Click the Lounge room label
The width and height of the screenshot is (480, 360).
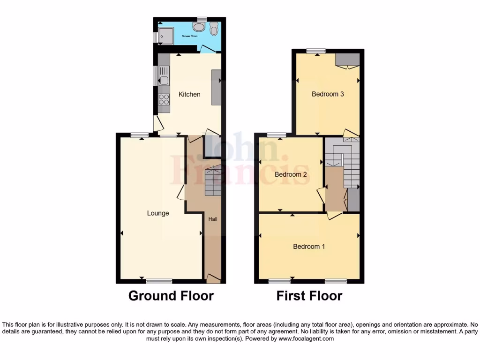coord(158,213)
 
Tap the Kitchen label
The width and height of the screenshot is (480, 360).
coord(189,94)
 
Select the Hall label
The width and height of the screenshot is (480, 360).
coord(213,219)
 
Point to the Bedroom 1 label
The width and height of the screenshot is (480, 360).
coord(309,247)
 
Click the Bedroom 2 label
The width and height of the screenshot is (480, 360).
coord(291,174)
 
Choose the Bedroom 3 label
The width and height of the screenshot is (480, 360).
coord(328,94)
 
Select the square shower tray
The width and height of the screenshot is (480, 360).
coord(165,35)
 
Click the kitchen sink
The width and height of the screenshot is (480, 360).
coord(164,77)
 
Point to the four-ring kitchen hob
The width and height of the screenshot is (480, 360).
coord(164,99)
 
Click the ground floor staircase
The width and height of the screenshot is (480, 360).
coord(213,182)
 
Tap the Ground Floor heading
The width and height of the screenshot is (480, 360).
coord(171,296)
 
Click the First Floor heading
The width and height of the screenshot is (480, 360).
coord(309,296)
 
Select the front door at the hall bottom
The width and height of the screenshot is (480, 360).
coord(213,279)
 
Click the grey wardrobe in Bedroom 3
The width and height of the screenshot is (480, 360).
coord(347,60)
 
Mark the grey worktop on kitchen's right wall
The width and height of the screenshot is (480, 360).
coord(216,87)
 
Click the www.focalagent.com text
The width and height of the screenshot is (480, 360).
coord(307,338)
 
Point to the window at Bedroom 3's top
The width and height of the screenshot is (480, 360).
coord(316,51)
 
